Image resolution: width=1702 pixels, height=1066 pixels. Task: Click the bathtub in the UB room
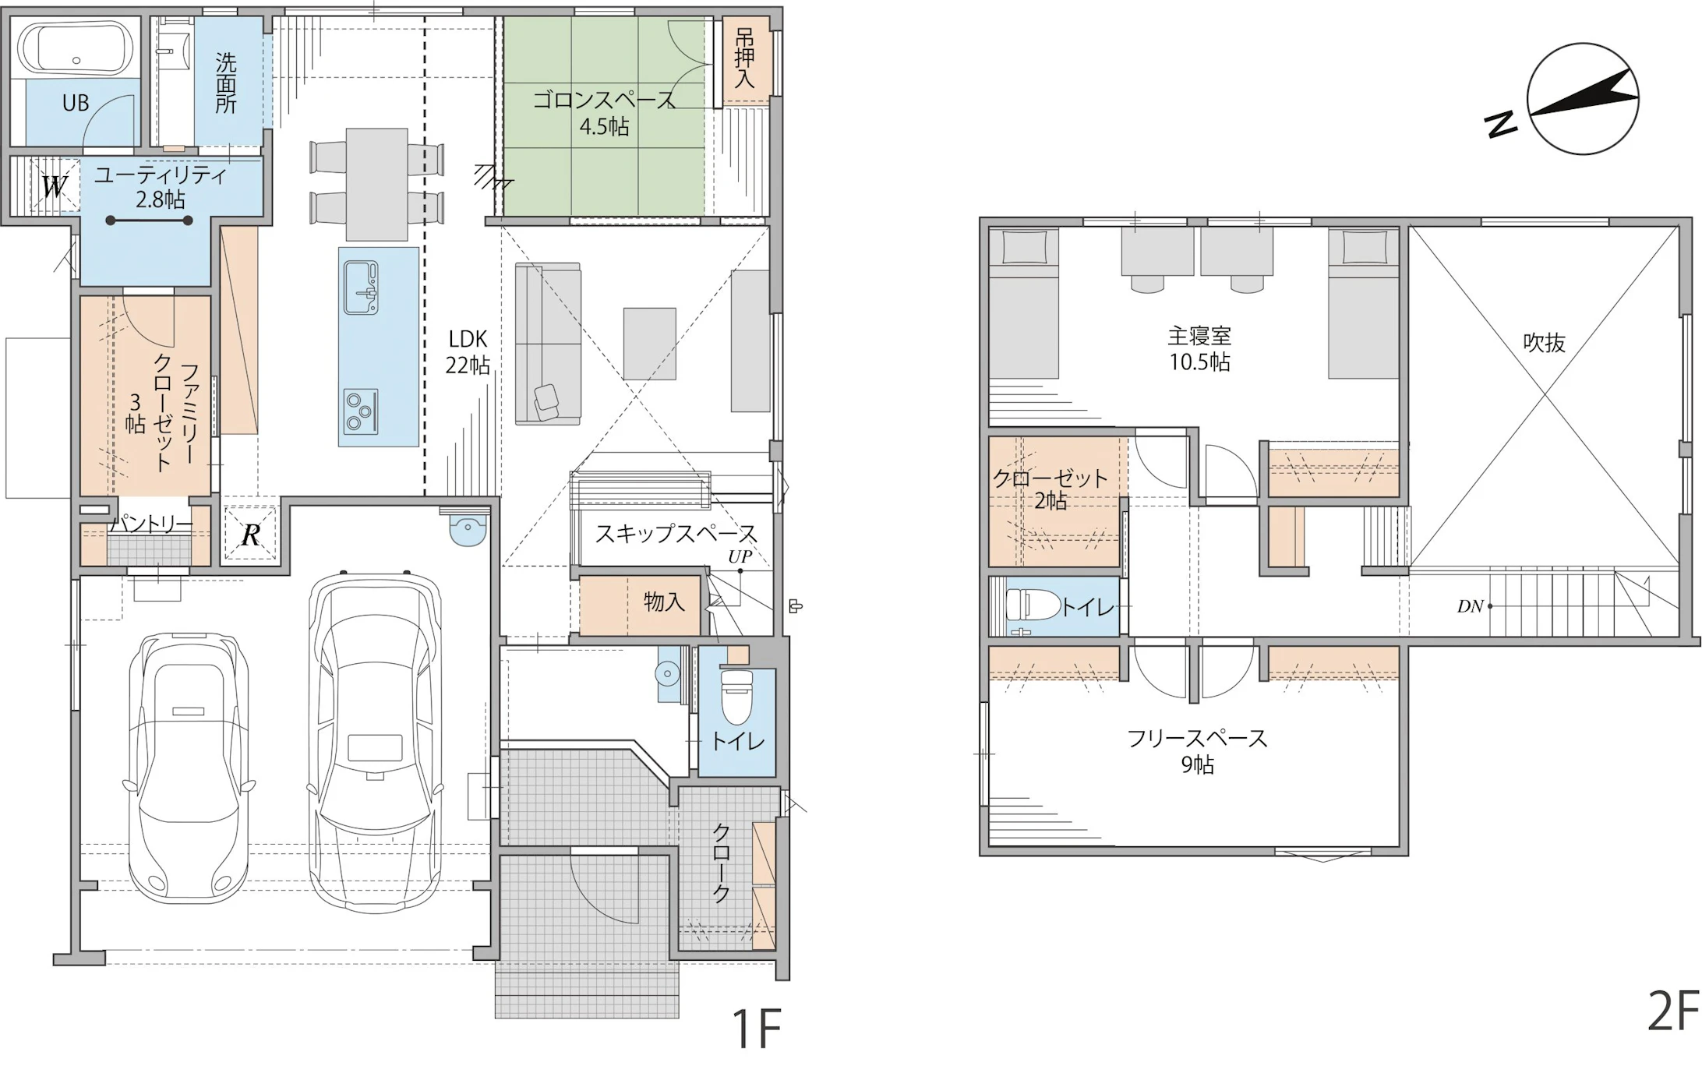click(x=76, y=49)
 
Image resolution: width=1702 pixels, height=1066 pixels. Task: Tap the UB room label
click(x=76, y=103)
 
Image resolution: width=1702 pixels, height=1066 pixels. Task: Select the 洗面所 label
click(x=226, y=83)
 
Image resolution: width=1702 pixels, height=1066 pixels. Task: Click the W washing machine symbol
click(x=54, y=187)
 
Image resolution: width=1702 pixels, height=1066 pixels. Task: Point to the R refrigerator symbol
click(x=250, y=535)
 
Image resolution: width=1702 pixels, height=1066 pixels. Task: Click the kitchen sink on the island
click(x=361, y=288)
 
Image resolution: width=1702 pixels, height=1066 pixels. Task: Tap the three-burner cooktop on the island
click(x=361, y=411)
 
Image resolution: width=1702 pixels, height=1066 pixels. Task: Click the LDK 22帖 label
click(x=468, y=351)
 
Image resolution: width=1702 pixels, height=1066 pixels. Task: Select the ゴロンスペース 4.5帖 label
click(x=604, y=113)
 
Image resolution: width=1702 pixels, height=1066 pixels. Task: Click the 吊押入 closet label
click(x=745, y=58)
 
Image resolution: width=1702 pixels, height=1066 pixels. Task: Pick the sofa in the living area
click(x=548, y=344)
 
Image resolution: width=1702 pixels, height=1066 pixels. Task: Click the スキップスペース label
click(x=676, y=534)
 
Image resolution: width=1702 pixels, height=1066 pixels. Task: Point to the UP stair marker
click(x=740, y=556)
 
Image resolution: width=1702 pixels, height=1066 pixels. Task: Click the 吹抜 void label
click(x=1545, y=343)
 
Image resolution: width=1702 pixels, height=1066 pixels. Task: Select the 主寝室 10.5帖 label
click(x=1199, y=349)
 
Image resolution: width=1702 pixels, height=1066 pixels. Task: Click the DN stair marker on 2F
click(x=1471, y=606)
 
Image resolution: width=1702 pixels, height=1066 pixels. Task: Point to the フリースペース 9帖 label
click(x=1198, y=751)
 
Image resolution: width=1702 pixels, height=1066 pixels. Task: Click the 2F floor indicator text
click(x=1673, y=1011)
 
